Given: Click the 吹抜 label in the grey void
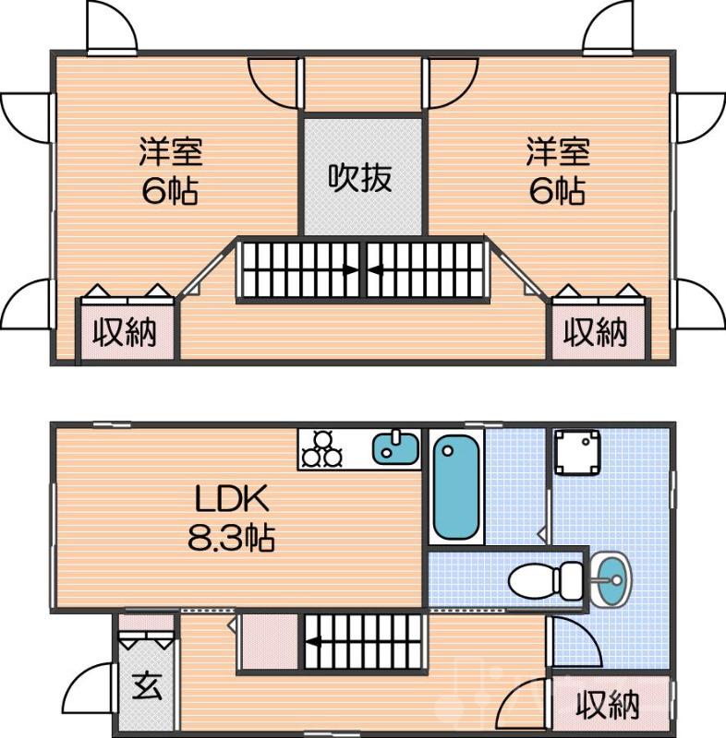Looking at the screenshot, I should tap(361, 177).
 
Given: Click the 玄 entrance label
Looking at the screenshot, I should tap(144, 688).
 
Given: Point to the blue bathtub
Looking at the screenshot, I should tap(456, 488).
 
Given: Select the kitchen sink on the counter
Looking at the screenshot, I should tap(395, 447).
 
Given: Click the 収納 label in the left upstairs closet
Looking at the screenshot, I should tap(124, 332).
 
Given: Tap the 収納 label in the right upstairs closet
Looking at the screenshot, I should tap(596, 332).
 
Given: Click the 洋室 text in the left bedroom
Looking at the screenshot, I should tap(171, 150).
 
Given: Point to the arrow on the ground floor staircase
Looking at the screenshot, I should tap(314, 643).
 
